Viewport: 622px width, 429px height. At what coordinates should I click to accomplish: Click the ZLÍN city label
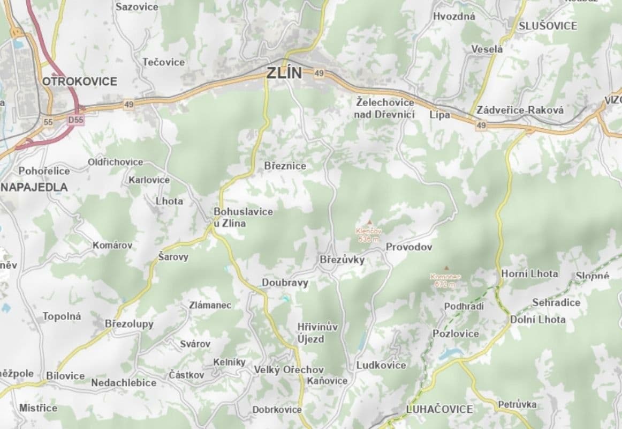284,73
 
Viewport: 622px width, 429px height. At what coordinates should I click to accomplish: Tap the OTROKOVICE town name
79,82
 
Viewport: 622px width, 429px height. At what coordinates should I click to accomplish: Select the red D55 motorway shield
75,121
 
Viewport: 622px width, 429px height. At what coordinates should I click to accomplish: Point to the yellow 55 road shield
49,122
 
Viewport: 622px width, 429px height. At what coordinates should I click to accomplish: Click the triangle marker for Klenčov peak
369,222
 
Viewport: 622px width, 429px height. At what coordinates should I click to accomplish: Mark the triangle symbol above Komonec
446,268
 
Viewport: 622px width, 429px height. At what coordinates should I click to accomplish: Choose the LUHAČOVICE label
439,409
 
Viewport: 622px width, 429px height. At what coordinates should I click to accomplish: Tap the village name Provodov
408,247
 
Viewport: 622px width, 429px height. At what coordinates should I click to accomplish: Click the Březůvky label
342,260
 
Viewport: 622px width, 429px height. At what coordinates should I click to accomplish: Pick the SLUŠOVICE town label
548,26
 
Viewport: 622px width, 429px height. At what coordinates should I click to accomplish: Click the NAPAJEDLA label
35,187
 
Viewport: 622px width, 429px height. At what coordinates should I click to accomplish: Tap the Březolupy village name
129,324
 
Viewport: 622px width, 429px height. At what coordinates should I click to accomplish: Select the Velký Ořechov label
289,369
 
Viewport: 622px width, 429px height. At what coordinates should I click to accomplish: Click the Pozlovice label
456,334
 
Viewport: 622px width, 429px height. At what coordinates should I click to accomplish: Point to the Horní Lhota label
529,273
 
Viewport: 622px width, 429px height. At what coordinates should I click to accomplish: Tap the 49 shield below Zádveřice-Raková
481,125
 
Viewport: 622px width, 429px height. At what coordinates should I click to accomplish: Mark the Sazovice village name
137,7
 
